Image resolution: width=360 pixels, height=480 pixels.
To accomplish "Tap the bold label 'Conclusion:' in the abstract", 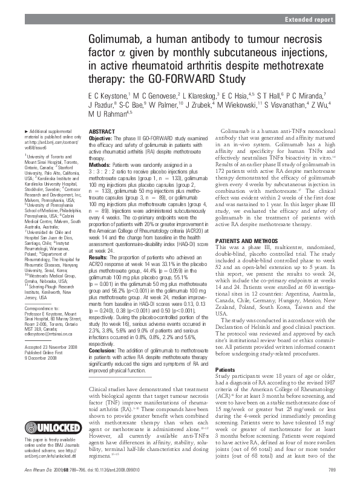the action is (103, 351).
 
